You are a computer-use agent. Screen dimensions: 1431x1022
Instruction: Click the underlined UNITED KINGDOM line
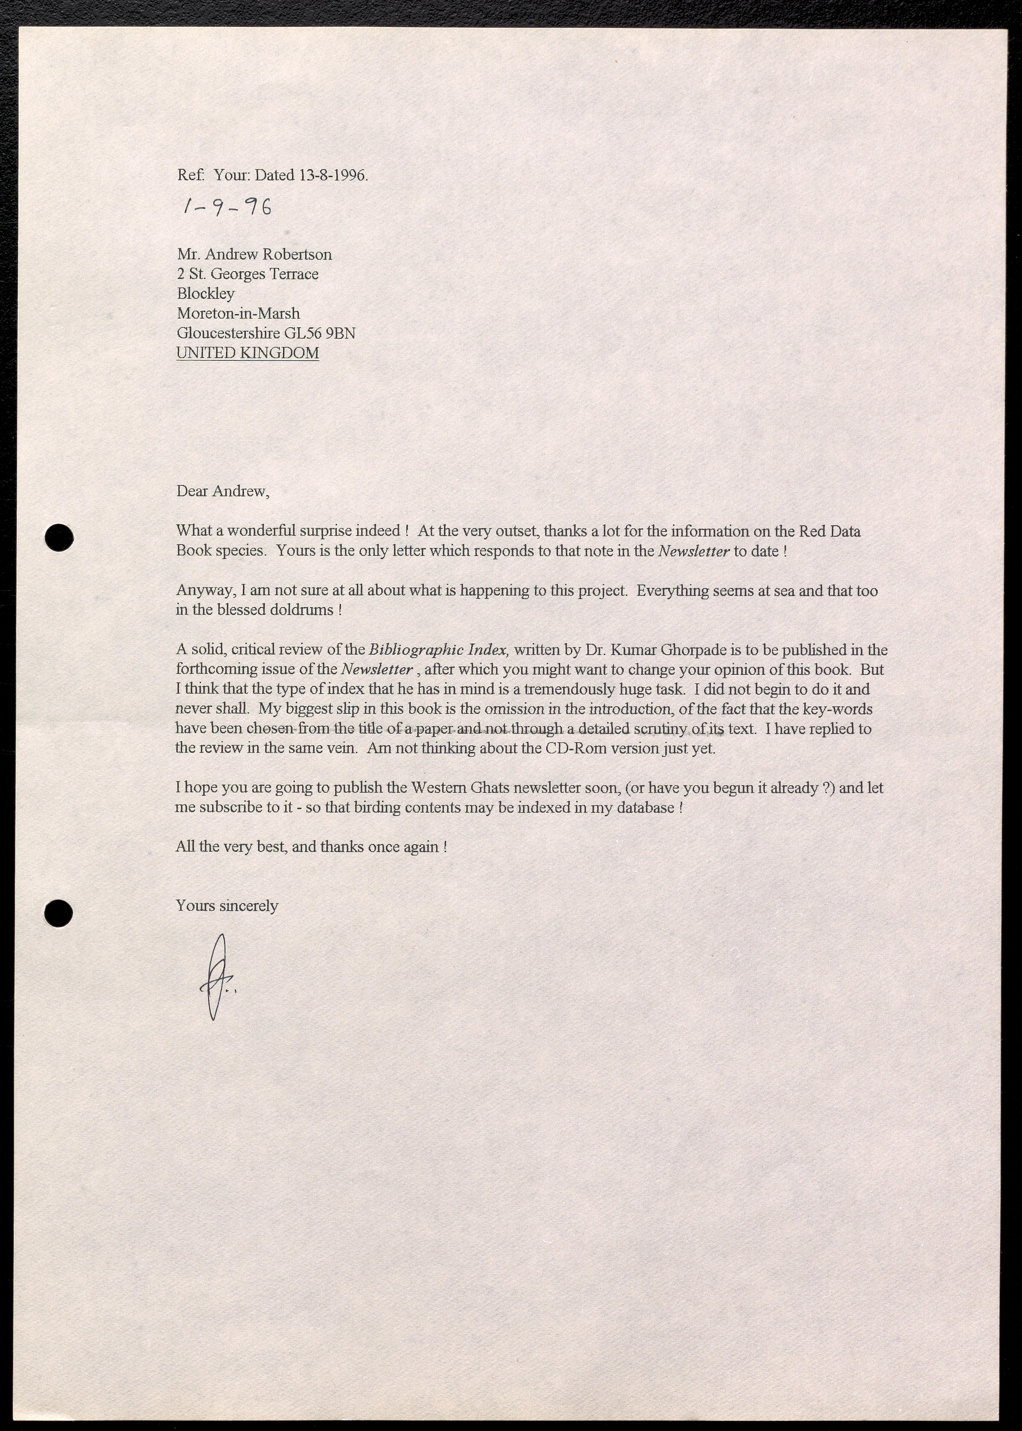247,353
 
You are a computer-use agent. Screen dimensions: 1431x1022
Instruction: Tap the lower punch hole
59,912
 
